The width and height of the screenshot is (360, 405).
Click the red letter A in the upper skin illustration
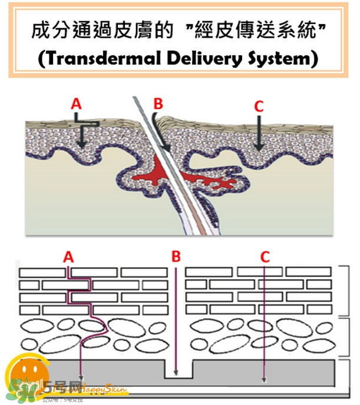click(75, 104)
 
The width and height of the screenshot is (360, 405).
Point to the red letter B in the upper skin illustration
click(157, 105)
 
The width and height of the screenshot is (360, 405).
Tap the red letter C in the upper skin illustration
click(258, 107)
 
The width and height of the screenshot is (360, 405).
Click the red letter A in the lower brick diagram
click(69, 257)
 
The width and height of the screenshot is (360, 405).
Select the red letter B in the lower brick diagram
click(176, 257)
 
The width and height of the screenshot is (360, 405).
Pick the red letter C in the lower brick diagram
click(265, 257)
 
